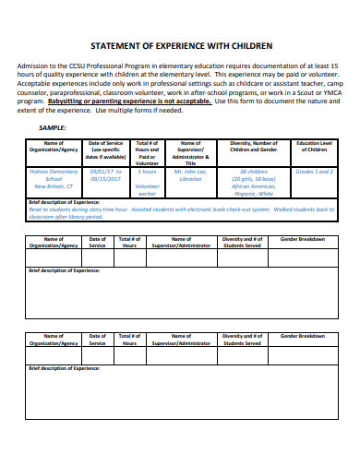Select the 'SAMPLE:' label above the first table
coord(52,126)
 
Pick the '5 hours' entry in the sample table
coord(148,172)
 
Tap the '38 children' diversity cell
coord(253,172)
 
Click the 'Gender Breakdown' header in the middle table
coord(304,238)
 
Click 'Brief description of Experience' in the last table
coord(65,368)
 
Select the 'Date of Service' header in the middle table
coord(97,242)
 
